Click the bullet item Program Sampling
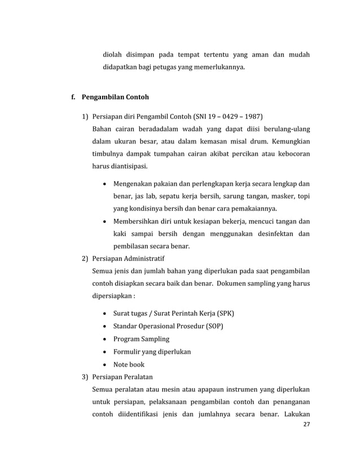point(141,339)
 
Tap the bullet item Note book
point(129,364)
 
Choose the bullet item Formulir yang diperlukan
point(152,351)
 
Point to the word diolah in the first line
point(113,55)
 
